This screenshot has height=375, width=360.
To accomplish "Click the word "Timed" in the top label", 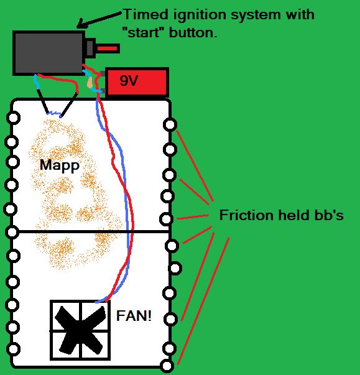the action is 146,14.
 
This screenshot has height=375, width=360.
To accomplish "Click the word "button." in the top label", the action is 193,32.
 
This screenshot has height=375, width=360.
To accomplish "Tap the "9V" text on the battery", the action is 129,81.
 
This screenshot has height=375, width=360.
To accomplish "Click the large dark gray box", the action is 48,53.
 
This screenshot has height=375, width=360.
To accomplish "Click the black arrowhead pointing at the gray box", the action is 81,24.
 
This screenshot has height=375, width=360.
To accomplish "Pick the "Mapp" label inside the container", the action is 60,165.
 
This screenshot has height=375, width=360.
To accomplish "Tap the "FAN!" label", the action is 134,316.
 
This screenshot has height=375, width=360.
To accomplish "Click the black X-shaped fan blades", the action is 80,330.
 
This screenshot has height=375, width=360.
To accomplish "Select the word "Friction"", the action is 246,215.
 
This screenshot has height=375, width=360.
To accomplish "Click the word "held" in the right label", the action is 293,215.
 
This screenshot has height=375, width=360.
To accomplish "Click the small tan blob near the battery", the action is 90,83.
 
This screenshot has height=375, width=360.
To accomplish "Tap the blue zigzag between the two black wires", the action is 54,113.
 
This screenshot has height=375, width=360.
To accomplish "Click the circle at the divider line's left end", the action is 12,232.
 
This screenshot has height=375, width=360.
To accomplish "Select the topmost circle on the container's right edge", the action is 170,124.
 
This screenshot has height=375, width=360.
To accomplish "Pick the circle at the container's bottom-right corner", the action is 167,366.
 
